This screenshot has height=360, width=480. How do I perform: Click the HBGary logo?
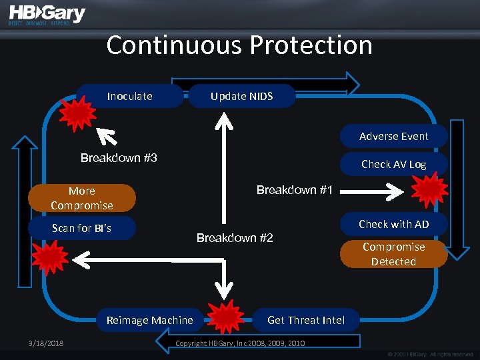47,16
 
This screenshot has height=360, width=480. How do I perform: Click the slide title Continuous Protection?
239,45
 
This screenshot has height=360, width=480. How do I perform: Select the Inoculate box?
130,96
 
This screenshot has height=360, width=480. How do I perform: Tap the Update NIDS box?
242,96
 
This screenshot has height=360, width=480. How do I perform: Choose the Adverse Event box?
393,136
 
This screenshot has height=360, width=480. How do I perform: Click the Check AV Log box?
393,164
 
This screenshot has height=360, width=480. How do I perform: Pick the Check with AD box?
393,224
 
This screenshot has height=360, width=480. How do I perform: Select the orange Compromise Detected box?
393,254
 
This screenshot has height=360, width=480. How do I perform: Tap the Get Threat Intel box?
306,320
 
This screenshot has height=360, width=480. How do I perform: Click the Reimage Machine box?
150,320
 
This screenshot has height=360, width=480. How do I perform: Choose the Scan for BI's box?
81,228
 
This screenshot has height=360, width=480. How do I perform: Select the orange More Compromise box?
81,198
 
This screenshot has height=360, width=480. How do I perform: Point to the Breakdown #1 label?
294,190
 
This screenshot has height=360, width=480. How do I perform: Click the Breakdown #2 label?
235,238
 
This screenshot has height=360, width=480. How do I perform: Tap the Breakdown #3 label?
119,158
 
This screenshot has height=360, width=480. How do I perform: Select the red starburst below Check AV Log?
429,190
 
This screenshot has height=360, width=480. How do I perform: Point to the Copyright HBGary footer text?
239,343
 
